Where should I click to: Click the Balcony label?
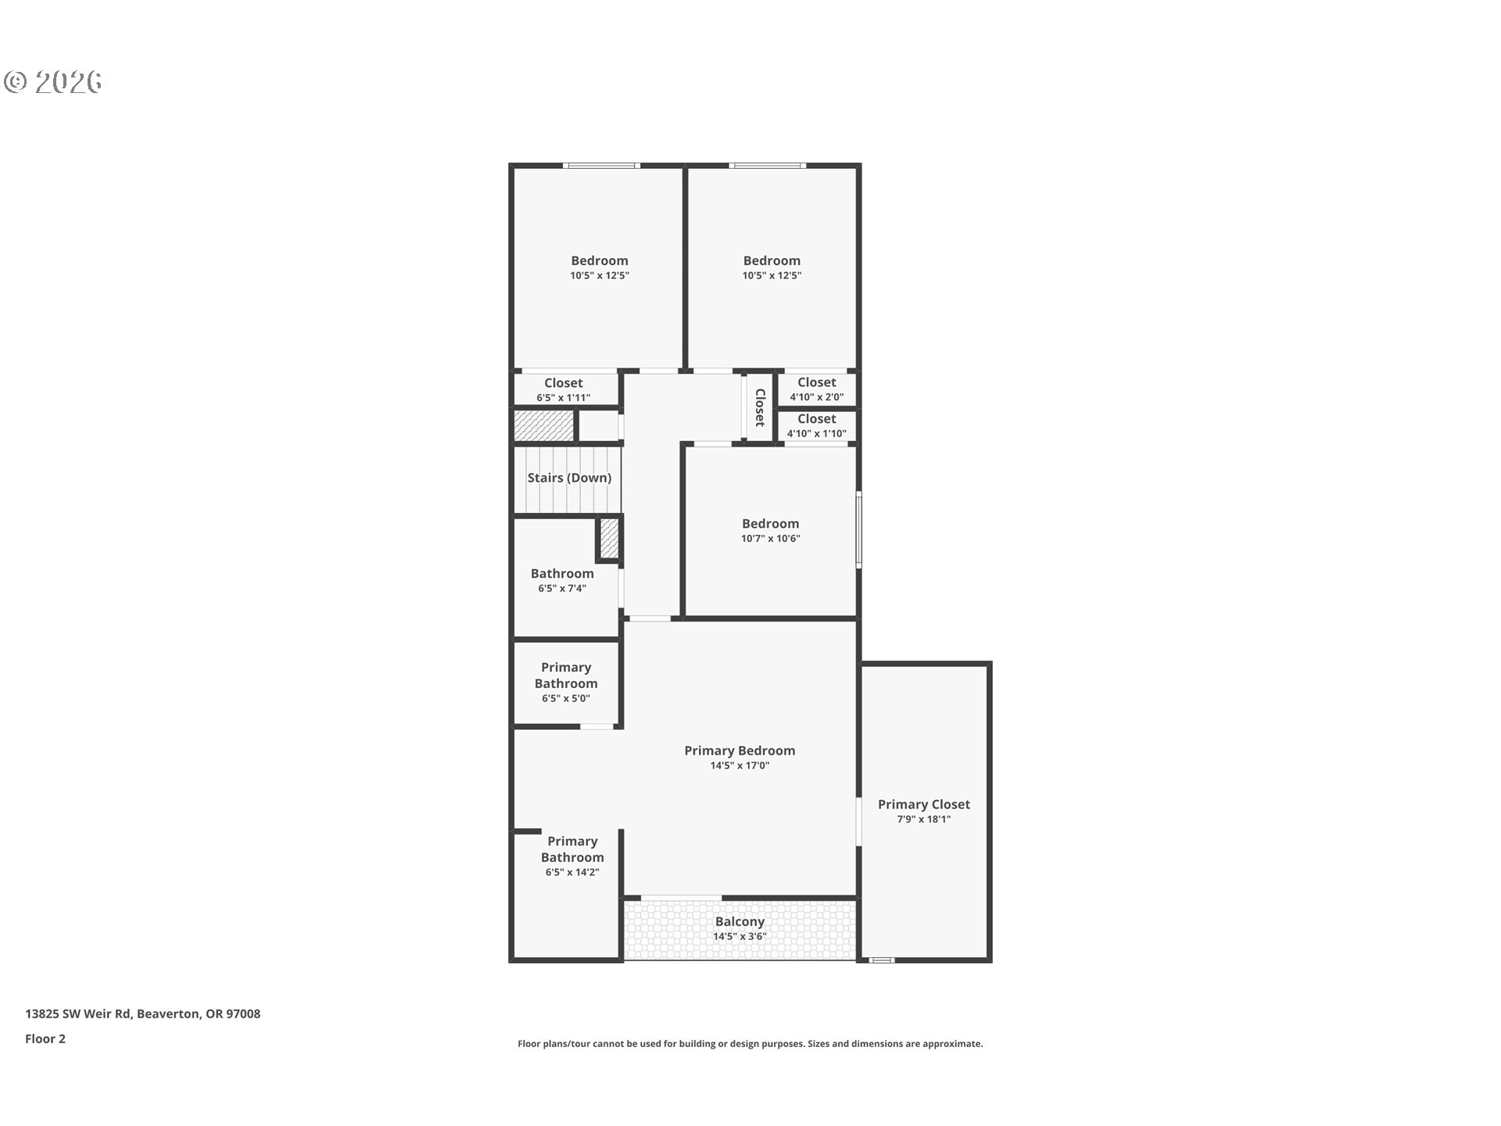coord(740,922)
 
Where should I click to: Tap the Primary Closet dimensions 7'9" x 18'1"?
coord(923,819)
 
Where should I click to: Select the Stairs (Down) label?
coord(569,478)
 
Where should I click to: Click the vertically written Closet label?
coord(759,407)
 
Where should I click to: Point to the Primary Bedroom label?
coord(740,751)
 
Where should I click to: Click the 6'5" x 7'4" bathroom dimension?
coord(562,589)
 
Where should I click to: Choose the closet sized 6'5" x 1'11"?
coord(563,389)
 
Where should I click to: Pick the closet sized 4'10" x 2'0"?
coord(816,389)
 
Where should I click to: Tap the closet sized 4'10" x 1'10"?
coord(816,425)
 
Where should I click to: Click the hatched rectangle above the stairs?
coord(544,426)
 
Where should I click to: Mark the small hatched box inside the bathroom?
coord(609,539)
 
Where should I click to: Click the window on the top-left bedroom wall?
coord(601,166)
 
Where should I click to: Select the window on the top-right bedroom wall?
coord(767,166)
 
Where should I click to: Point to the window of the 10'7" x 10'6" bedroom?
coord(858,529)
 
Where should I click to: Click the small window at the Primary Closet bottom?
coord(882,959)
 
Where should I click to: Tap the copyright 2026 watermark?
coord(53,82)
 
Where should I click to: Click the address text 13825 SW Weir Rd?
coord(142,1014)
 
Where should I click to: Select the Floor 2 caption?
coord(45,1039)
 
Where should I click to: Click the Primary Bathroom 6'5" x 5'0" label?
coord(566,682)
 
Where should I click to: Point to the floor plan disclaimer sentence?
coord(750,1044)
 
